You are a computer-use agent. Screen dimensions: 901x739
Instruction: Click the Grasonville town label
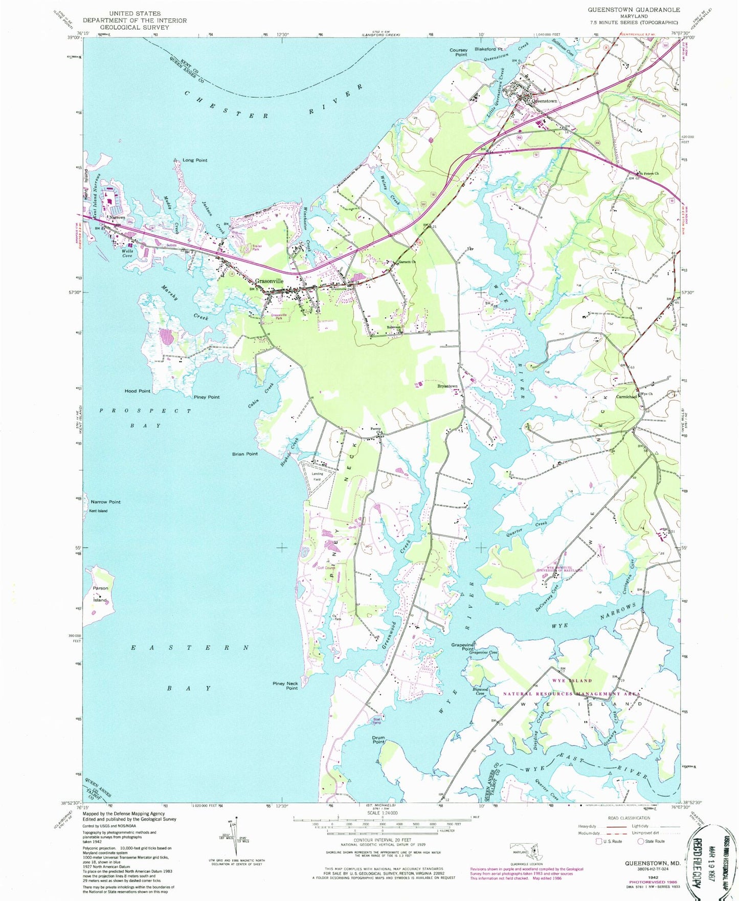point(269,281)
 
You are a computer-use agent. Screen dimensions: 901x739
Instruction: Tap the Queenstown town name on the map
point(544,101)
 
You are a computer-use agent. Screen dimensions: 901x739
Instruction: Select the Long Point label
point(195,160)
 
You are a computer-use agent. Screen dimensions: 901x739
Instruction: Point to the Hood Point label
point(137,391)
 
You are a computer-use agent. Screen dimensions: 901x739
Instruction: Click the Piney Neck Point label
point(285,686)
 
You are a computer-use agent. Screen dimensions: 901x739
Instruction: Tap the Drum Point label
point(378,740)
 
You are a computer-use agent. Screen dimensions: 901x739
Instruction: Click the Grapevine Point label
point(463,647)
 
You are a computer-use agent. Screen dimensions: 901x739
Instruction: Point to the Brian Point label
point(245,454)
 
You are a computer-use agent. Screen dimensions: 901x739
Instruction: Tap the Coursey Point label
point(458,52)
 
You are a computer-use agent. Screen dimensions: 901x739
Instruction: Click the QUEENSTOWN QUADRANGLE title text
point(634,10)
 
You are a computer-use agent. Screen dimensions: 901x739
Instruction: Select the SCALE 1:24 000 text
point(382,827)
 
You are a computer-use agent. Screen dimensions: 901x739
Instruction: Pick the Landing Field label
point(317,476)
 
